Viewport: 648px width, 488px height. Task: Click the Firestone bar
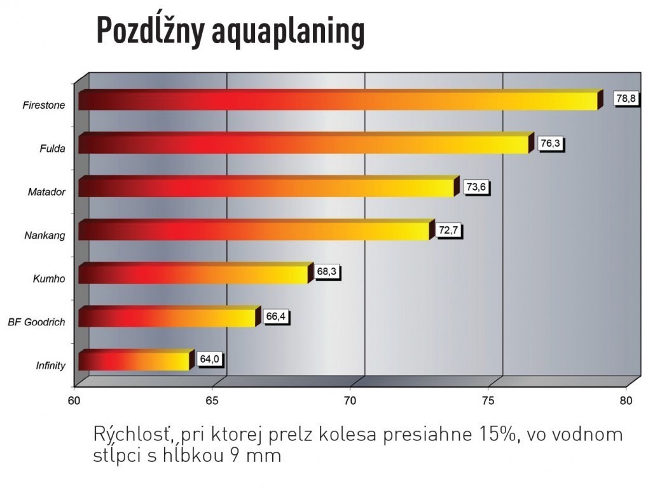click(x=337, y=101)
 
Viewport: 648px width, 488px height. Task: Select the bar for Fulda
click(x=303, y=144)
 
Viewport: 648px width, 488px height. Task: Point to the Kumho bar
click(x=193, y=274)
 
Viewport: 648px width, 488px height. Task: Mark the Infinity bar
click(x=134, y=361)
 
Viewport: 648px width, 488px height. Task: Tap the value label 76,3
click(x=550, y=144)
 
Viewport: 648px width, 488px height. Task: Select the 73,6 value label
click(x=478, y=187)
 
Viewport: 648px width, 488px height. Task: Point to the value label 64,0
click(x=209, y=360)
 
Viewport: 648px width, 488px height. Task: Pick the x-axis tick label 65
click(x=212, y=400)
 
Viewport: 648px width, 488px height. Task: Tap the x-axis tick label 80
click(x=626, y=400)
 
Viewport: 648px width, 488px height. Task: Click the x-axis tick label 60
click(x=75, y=400)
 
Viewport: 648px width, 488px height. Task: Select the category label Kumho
click(x=49, y=278)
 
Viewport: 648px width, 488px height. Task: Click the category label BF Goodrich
click(x=36, y=322)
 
